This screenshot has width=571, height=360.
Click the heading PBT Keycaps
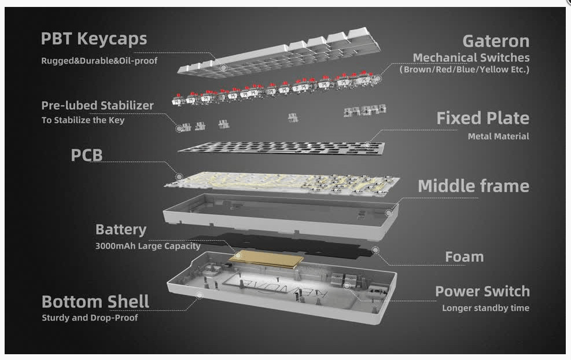pyautogui.click(x=94, y=39)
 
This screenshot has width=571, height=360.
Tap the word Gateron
pyautogui.click(x=496, y=41)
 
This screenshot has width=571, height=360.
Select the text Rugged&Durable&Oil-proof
pyautogui.click(x=100, y=61)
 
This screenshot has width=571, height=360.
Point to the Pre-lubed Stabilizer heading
pyautogui.click(x=98, y=106)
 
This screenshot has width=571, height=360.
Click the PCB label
pyautogui.click(x=87, y=155)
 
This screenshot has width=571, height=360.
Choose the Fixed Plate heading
pyautogui.click(x=483, y=119)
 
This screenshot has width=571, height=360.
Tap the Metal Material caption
pyautogui.click(x=499, y=136)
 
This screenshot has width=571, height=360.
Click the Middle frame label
pyautogui.click(x=473, y=186)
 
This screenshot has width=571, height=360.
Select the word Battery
pyautogui.click(x=121, y=230)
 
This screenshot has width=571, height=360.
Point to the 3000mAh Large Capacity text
pyautogui.click(x=148, y=246)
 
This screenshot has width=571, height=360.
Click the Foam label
pyautogui.click(x=465, y=257)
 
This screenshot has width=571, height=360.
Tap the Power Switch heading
pyautogui.click(x=482, y=292)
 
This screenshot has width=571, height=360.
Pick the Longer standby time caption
pyautogui.click(x=486, y=308)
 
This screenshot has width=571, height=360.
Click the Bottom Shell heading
pyautogui.click(x=95, y=302)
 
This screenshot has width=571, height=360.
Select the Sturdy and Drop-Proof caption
pyautogui.click(x=90, y=318)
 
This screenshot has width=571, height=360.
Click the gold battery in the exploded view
pyautogui.click(x=266, y=259)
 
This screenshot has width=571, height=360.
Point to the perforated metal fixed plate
pyautogui.click(x=281, y=148)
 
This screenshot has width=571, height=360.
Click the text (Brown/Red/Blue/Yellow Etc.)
pyautogui.click(x=465, y=69)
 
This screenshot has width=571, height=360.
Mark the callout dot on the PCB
pyautogui.click(x=179, y=177)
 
